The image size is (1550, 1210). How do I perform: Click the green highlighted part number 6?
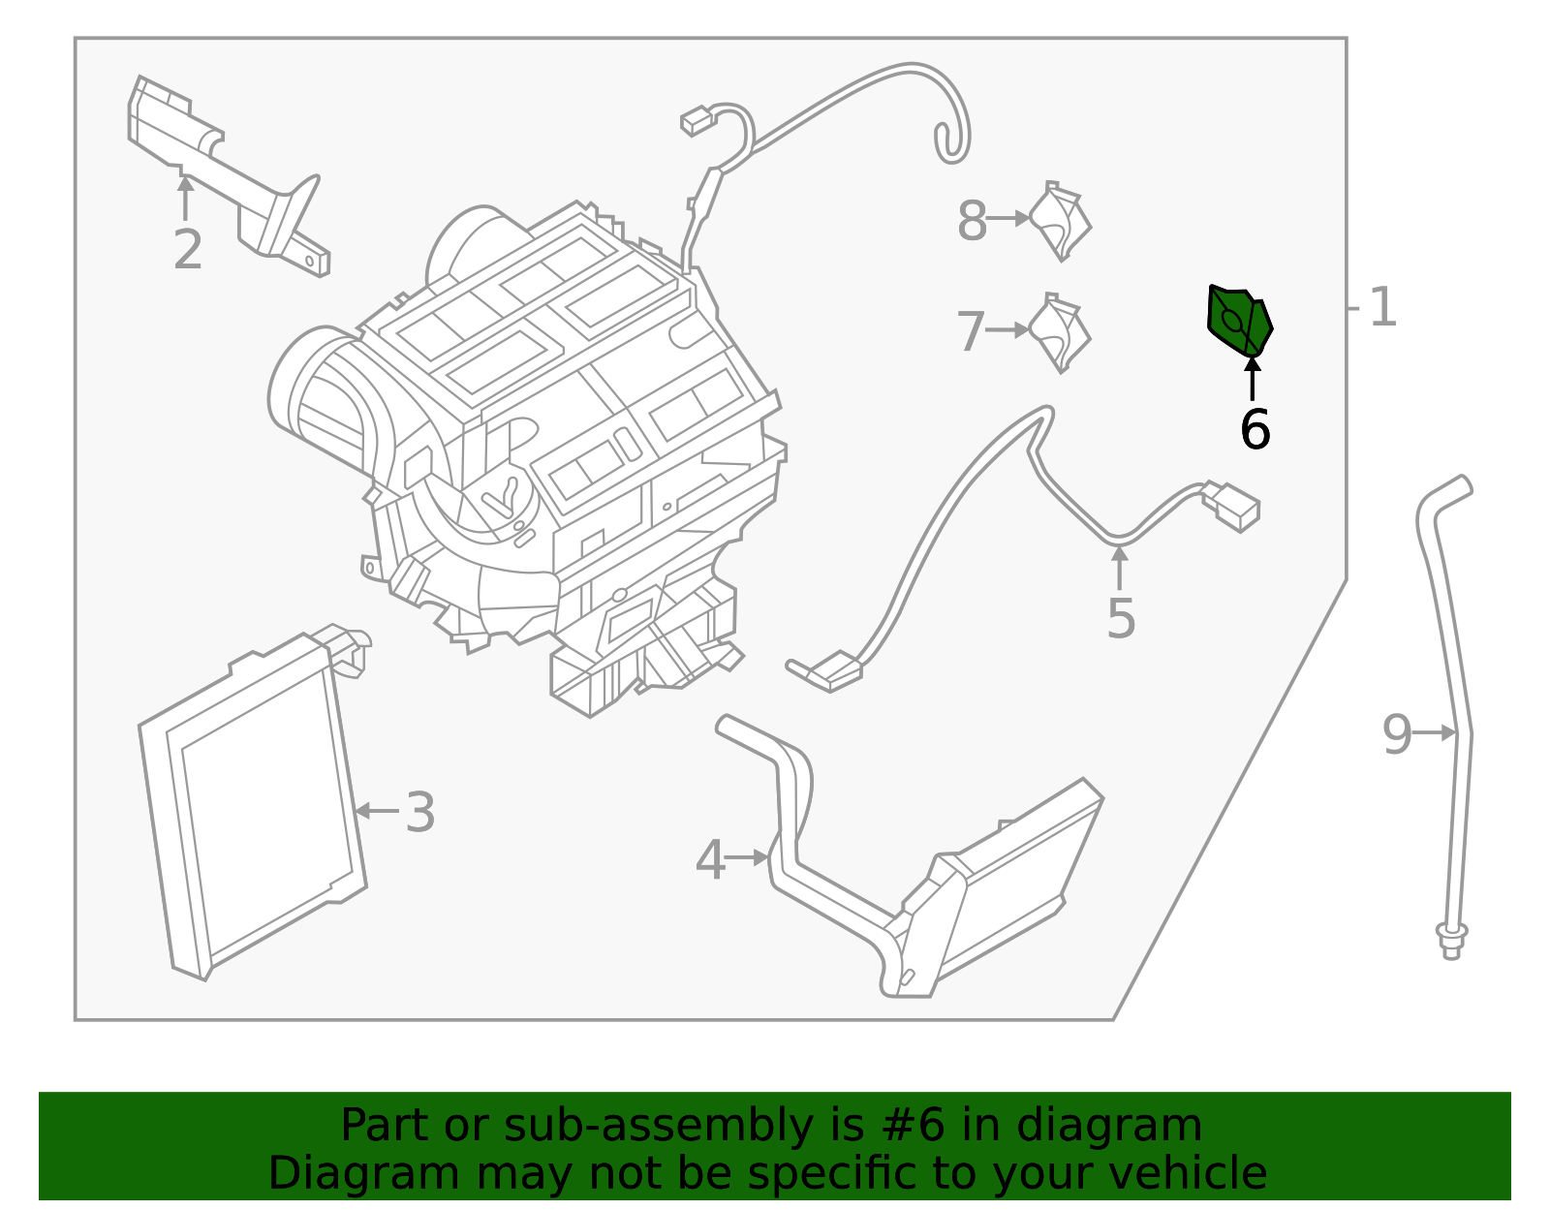point(1238,321)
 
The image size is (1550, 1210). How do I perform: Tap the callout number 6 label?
point(1255,429)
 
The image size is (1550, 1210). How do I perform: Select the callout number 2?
point(188,249)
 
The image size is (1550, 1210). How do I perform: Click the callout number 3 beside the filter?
point(419,812)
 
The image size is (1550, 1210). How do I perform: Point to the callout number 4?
point(710,859)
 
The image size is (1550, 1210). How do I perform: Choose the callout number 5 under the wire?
point(1121,618)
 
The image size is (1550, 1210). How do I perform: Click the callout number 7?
point(971,331)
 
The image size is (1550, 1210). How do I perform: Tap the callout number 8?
point(972,221)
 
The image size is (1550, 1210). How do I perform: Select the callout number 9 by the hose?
point(1397,734)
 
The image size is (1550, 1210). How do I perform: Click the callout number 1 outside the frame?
point(1382,308)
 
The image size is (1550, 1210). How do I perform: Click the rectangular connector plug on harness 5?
point(1232,506)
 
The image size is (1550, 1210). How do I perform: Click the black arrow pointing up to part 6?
point(1253,378)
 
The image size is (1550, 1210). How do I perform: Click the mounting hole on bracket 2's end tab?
point(310,260)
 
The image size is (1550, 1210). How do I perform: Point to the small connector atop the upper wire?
point(696,121)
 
